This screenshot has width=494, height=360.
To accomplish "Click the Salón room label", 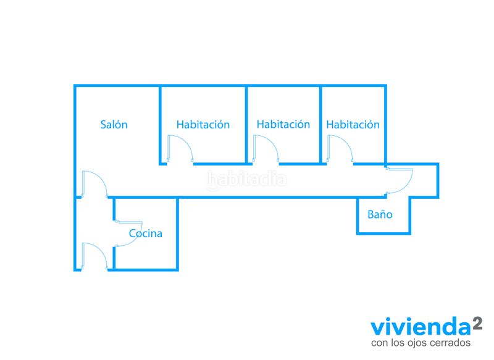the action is tap(114, 124).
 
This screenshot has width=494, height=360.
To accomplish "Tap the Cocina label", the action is tap(146, 233).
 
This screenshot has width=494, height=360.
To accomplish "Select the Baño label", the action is tap(380, 214).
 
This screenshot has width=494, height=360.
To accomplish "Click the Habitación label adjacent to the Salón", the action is tap(203, 124).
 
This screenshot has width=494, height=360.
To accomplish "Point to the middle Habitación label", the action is tap(283, 124).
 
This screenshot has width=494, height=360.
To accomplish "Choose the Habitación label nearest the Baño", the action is tap(353, 124).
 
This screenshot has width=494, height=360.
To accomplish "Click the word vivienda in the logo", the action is tap(421, 327).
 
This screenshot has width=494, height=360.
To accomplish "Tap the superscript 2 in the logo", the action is tap(477, 324).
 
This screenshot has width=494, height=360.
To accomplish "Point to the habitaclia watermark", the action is tap(246, 180).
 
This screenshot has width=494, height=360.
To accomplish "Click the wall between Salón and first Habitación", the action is tap(160, 124).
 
